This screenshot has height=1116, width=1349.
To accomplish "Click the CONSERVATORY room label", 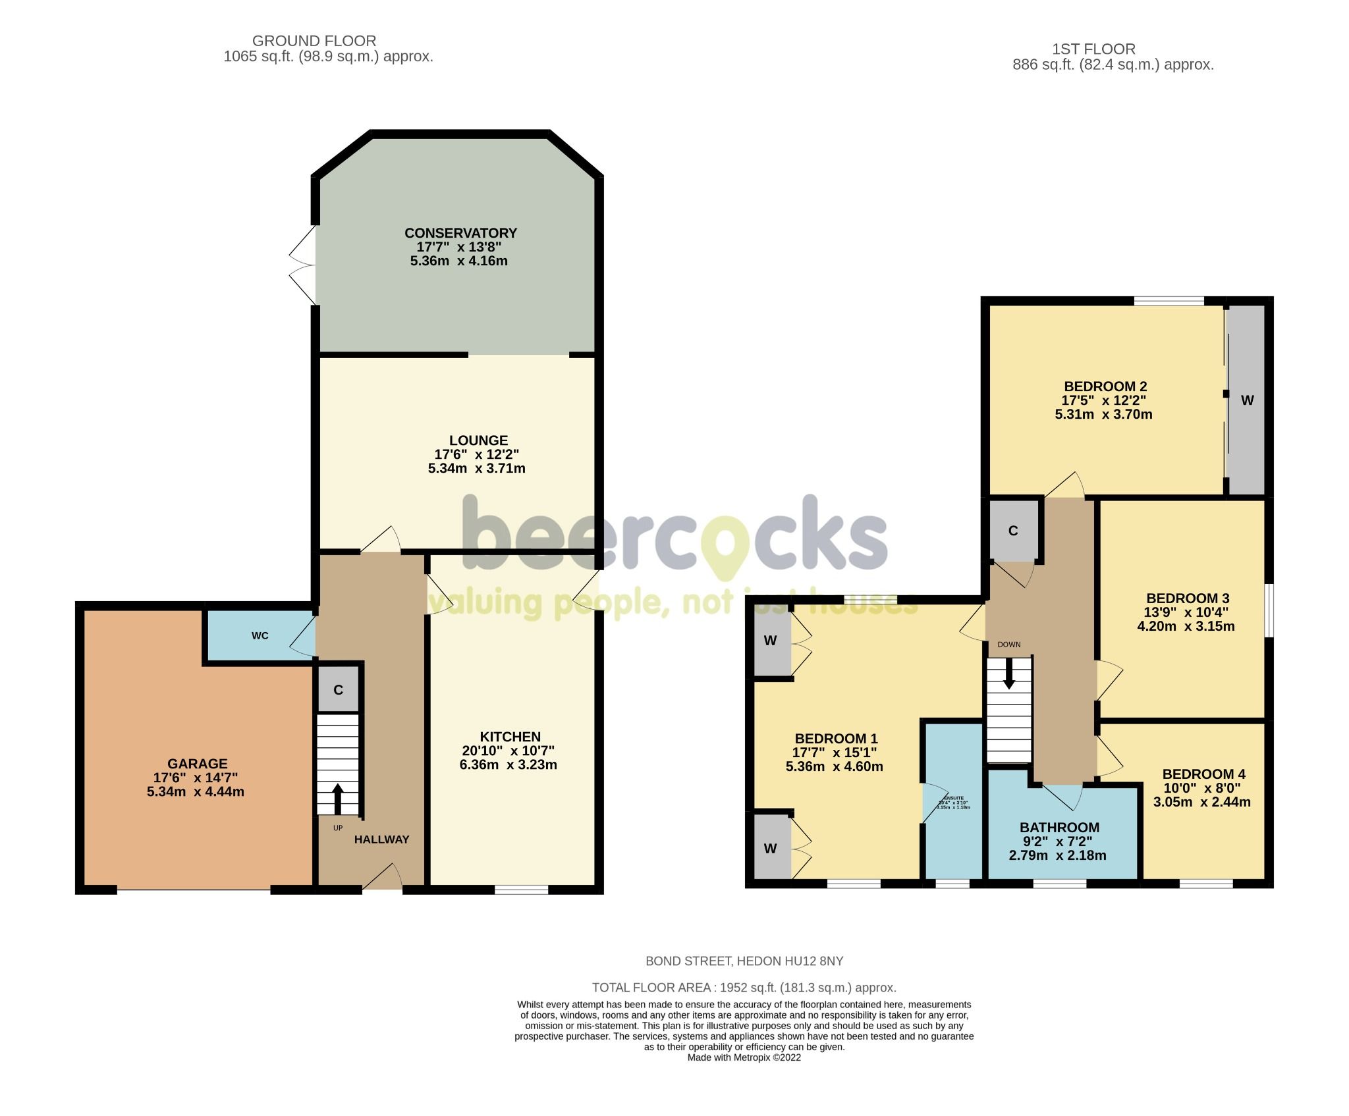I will coord(460,233).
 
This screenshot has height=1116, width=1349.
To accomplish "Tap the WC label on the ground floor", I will coord(260,635).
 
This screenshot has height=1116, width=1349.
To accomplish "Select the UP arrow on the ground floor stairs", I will coord(338,798).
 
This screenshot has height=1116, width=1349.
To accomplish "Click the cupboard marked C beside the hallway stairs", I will coord(338,689).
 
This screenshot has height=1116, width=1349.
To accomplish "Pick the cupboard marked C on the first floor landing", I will coord(1013,531).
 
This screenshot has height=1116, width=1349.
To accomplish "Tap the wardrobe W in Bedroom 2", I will coord(1247,400).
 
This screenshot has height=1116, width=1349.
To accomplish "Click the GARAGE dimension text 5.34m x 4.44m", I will coord(196,791).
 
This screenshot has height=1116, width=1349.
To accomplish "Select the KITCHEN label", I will coord(510,737).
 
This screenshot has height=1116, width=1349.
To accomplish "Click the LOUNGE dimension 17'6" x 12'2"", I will coord(476,454).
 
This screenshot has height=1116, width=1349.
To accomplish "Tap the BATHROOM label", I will coord(1059,828).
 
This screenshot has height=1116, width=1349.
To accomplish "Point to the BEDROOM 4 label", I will coord(1203,774).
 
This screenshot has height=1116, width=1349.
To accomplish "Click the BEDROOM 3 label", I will coord(1188,598).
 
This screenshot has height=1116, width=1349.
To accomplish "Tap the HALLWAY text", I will coord(381,839).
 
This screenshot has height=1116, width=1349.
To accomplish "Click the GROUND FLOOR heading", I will coord(314,41).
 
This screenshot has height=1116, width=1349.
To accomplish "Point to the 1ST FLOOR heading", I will coord(1093,49).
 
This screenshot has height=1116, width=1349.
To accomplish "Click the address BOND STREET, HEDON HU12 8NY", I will coord(744,961).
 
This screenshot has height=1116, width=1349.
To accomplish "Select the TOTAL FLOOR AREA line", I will coord(744,988).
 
